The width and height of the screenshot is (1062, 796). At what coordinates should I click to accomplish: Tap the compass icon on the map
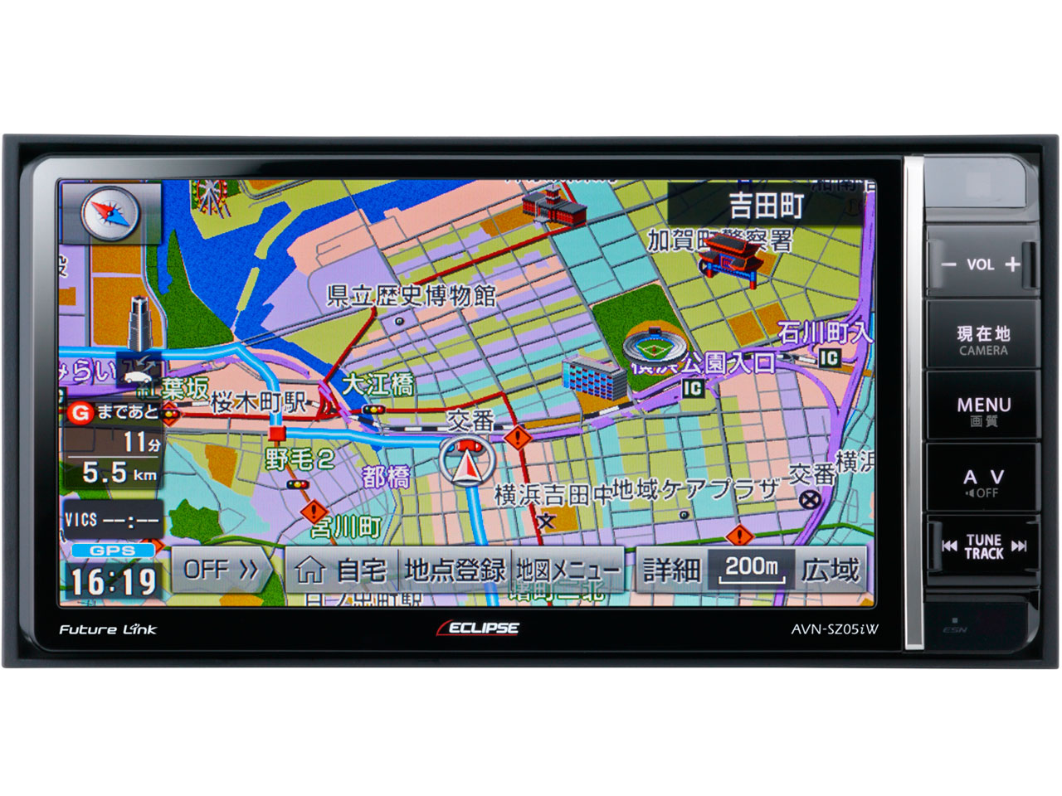pyautogui.click(x=110, y=212)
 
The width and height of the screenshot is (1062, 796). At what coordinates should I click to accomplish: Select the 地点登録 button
pyautogui.click(x=455, y=570)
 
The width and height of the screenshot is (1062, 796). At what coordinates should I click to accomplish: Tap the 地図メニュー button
pyautogui.click(x=568, y=570)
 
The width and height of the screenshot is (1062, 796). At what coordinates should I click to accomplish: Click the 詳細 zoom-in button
pyautogui.click(x=671, y=570)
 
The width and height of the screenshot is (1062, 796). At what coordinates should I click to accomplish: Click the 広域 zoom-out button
pyautogui.click(x=831, y=570)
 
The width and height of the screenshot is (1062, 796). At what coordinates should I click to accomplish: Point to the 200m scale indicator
pyautogui.click(x=752, y=569)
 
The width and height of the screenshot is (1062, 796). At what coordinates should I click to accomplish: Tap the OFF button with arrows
pyautogui.click(x=221, y=570)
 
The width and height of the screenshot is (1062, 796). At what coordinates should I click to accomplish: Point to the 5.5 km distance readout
pyautogui.click(x=119, y=473)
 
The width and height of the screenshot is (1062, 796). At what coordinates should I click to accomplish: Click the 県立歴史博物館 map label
pyautogui.click(x=412, y=295)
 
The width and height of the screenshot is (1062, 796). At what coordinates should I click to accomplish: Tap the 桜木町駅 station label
pyautogui.click(x=259, y=403)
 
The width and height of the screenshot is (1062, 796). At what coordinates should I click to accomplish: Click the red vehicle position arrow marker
pyautogui.click(x=467, y=462)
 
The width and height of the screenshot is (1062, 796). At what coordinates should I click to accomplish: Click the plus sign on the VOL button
pyautogui.click(x=1012, y=265)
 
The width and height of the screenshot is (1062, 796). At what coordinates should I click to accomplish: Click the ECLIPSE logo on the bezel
pyautogui.click(x=479, y=629)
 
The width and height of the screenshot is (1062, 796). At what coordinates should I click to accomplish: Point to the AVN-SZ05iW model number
pyautogui.click(x=834, y=629)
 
